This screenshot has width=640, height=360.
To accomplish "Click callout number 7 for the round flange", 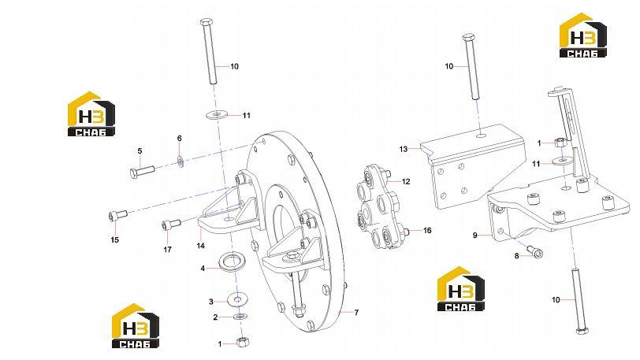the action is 356,313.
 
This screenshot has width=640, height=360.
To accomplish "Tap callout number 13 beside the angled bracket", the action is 404,150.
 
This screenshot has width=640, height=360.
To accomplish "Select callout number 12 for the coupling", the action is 406,182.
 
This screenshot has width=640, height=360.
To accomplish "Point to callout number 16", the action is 427,231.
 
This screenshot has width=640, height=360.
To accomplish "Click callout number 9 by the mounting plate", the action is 475,236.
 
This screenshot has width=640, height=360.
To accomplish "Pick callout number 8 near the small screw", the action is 517,256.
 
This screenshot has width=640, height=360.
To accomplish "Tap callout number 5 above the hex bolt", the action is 140,151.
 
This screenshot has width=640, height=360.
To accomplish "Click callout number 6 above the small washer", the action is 179,139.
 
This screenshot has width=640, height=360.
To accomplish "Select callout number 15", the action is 115,239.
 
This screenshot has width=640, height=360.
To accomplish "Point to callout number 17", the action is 167,250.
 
